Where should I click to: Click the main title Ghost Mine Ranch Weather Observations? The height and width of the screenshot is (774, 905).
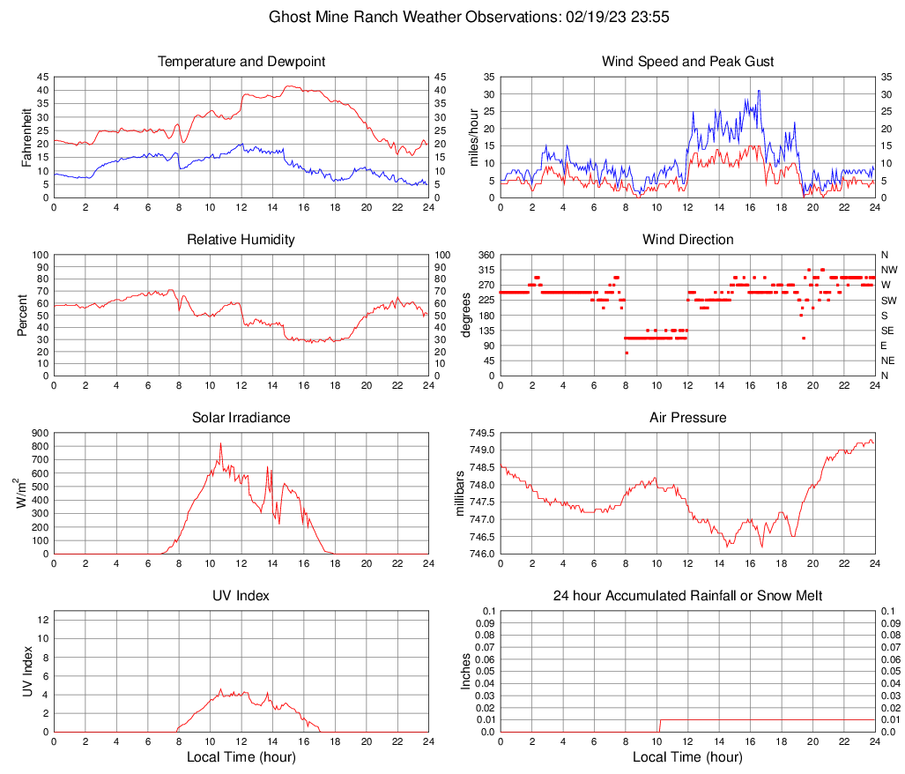pyautogui.click(x=451, y=17)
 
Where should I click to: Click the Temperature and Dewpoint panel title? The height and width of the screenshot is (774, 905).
pyautogui.click(x=241, y=62)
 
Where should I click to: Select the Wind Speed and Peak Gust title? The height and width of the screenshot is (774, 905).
pyautogui.click(x=687, y=62)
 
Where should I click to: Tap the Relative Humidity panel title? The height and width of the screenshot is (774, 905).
pyautogui.click(x=241, y=240)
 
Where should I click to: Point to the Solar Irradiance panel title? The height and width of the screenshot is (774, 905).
pyautogui.click(x=241, y=417)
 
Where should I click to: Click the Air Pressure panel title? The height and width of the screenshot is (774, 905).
pyautogui.click(x=687, y=417)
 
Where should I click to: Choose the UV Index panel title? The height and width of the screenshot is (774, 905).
pyautogui.click(x=241, y=596)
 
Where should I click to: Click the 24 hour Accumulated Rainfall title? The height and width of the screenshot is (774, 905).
pyautogui.click(x=687, y=596)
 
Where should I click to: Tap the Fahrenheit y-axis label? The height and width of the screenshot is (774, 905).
pyautogui.click(x=27, y=138)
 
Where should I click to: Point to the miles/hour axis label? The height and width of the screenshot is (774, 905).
pyautogui.click(x=474, y=138)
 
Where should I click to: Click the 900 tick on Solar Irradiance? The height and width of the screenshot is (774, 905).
pyautogui.click(x=39, y=434)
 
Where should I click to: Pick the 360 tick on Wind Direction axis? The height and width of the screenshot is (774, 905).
pyautogui.click(x=485, y=255)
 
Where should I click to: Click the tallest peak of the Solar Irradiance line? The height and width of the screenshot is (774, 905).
pyautogui.click(x=220, y=443)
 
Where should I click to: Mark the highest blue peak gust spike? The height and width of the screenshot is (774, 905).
pyautogui.click(x=758, y=91)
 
